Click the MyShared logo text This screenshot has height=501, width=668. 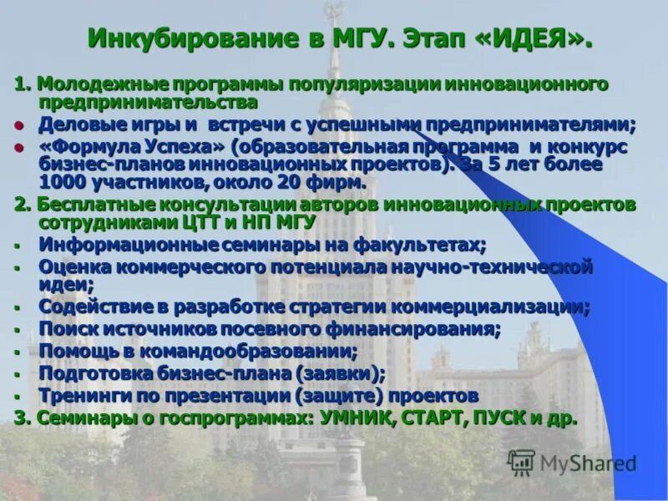pyautogui.click(x=588, y=463)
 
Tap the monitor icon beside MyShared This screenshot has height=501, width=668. pyautogui.click(x=522, y=462)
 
